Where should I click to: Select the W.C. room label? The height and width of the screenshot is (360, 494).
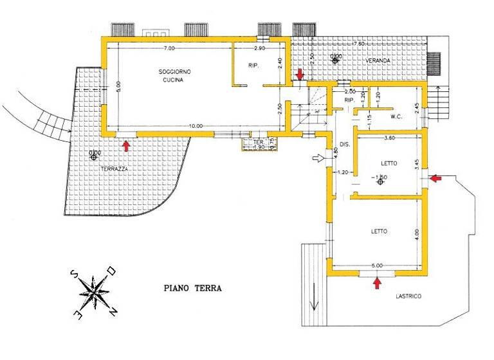tap(396, 118)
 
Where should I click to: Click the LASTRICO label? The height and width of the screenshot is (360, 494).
tap(408, 295)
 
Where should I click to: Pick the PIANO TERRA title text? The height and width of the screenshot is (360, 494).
tap(192, 289)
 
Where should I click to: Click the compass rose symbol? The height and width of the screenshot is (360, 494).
tap(94, 292)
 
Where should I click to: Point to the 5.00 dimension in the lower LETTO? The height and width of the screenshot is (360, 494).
tap(377, 265)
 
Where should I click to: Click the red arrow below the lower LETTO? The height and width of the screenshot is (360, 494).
tap(376, 282)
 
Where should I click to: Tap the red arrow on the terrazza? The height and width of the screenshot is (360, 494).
tap(126, 145)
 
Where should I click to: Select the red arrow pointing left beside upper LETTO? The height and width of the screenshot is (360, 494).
tap(437, 178)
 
